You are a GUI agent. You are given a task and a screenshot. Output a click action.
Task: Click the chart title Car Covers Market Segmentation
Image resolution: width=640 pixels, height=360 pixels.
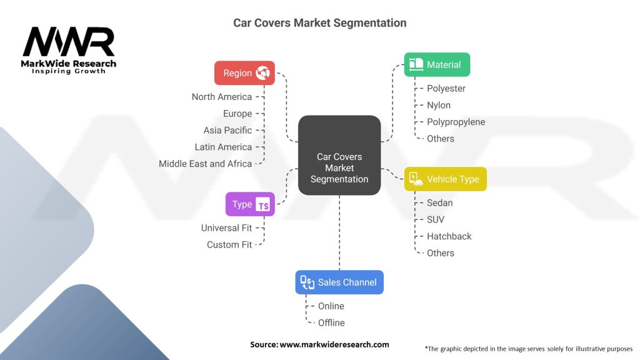[x=319, y=23]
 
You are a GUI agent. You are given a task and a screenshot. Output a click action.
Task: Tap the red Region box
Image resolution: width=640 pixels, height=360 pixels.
[x=245, y=73]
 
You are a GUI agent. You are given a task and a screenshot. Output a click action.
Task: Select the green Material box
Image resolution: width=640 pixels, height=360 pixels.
[x=437, y=64]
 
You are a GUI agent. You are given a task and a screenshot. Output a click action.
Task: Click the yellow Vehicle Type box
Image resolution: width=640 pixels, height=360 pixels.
[x=445, y=179]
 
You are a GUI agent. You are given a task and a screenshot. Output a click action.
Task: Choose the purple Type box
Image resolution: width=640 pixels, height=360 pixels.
[x=249, y=204]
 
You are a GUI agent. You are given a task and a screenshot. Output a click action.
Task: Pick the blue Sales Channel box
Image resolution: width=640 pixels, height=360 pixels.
[x=339, y=282]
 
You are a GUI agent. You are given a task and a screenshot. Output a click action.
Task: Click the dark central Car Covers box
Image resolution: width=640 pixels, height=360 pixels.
[x=339, y=155]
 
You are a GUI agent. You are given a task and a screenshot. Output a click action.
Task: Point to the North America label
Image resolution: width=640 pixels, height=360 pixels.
[x=221, y=97]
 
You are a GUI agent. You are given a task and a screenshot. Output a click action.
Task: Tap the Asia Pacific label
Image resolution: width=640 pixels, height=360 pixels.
[x=227, y=131]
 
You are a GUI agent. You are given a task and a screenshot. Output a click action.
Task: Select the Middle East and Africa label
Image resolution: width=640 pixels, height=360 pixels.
[x=205, y=164]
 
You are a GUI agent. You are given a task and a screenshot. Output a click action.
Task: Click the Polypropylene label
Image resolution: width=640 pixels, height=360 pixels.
[x=456, y=122]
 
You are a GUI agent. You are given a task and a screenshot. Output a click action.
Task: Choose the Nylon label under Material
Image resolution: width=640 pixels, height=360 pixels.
[x=439, y=105]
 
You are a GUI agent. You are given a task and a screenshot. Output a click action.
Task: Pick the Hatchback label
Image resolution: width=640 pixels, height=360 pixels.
[x=449, y=236]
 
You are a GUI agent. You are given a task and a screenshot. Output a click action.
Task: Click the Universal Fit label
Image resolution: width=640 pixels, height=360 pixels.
[x=226, y=228]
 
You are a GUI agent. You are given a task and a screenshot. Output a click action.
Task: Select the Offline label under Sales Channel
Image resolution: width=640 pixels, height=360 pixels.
[x=331, y=322]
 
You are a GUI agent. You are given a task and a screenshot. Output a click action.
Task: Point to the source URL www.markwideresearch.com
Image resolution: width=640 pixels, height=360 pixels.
[x=334, y=344]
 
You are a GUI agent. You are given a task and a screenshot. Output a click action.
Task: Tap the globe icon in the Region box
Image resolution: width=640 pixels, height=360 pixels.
[x=264, y=73]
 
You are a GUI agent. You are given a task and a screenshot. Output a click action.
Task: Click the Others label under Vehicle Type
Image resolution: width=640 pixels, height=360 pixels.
[x=440, y=253]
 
